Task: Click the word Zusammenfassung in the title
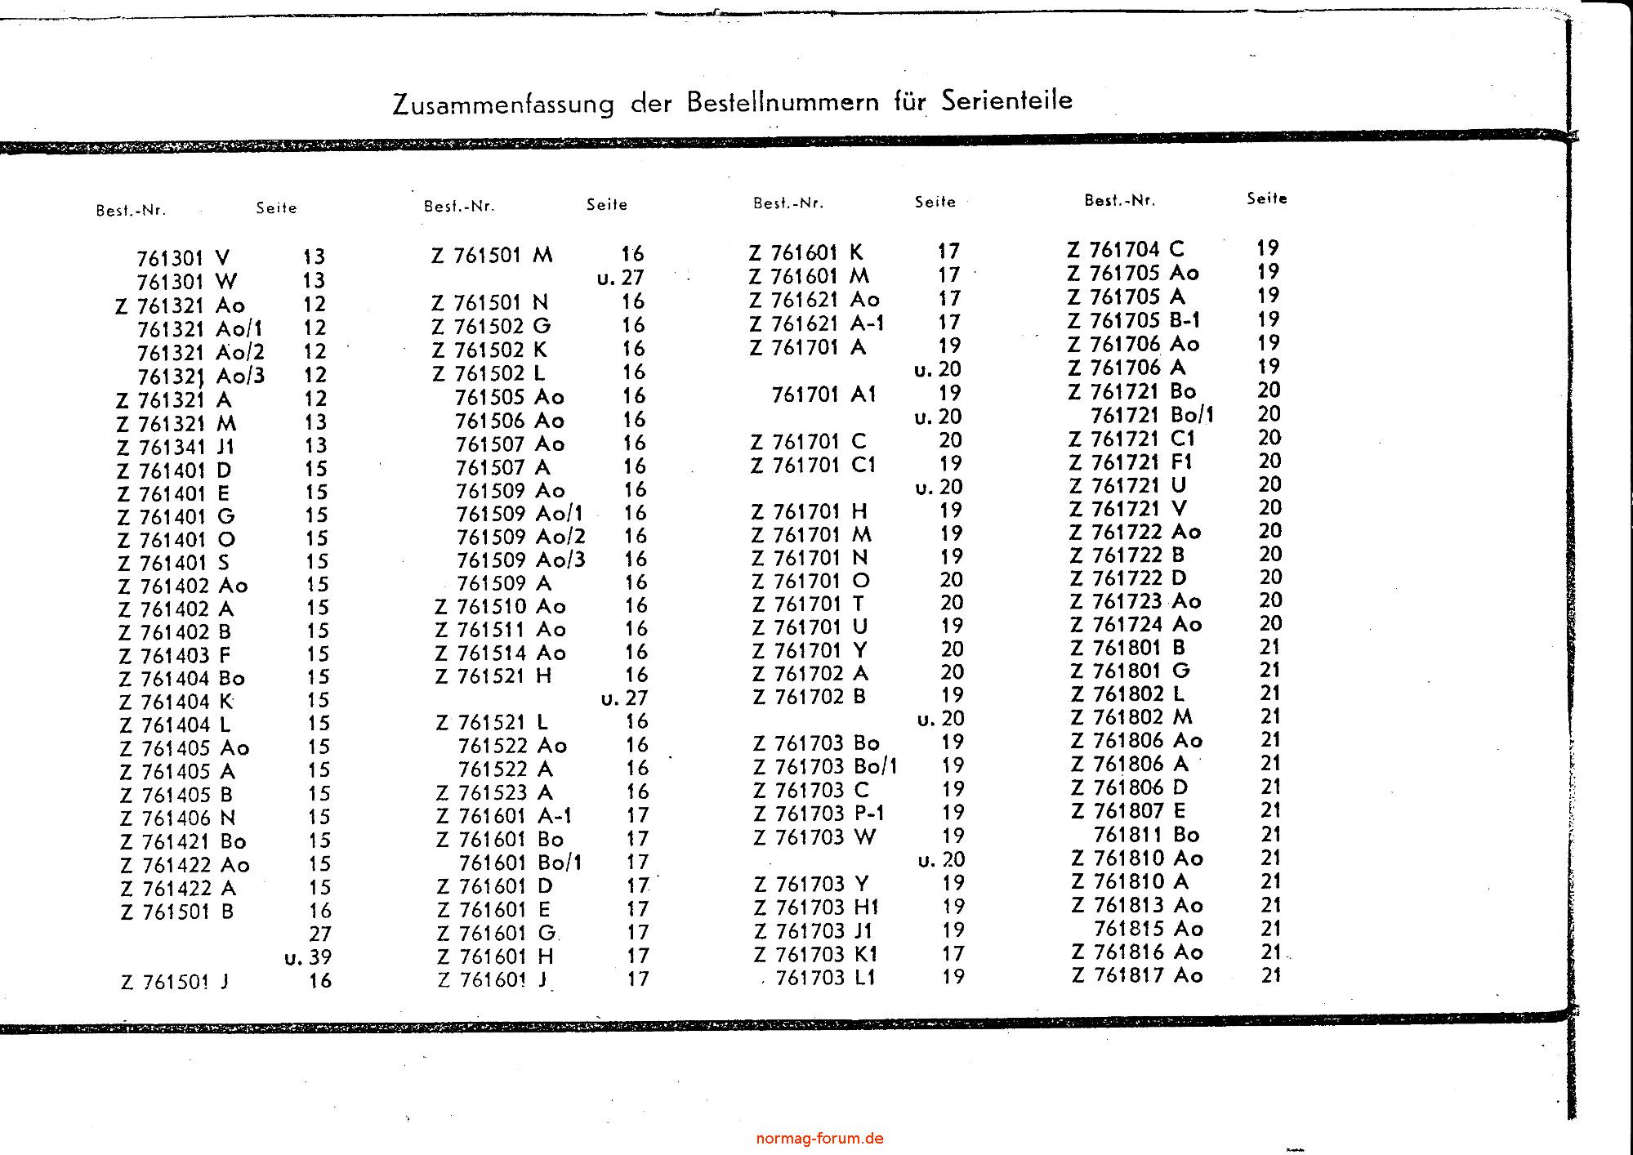(x=502, y=105)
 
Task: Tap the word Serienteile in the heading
(x=1006, y=100)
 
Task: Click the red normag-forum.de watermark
(x=819, y=1139)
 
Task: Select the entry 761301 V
(x=183, y=259)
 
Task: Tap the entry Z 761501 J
(x=175, y=982)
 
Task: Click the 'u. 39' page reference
(x=308, y=957)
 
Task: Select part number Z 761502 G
(x=491, y=326)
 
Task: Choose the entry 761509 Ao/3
(x=520, y=560)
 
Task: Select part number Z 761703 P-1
(x=819, y=814)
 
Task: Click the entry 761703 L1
(x=825, y=977)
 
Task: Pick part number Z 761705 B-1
(x=1134, y=320)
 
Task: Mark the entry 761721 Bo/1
(x=1152, y=415)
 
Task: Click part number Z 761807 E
(x=1128, y=812)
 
